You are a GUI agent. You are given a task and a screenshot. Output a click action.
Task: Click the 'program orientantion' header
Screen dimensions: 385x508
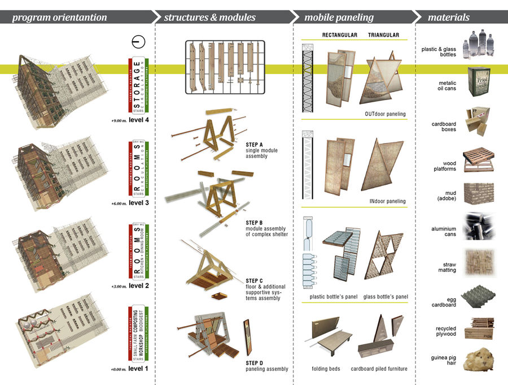(x=59, y=18)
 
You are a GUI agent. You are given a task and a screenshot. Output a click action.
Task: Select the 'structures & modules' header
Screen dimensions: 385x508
(x=210, y=18)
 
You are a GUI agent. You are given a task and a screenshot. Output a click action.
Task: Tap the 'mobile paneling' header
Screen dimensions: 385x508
(x=339, y=18)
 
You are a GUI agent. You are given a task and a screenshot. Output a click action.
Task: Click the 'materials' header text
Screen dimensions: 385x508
(x=449, y=18)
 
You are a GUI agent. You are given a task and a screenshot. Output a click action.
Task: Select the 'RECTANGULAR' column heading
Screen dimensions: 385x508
(x=340, y=35)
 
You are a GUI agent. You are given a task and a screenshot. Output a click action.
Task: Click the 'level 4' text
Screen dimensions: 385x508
(x=138, y=120)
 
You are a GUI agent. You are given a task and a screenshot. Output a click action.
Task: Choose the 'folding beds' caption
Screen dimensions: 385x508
(x=328, y=369)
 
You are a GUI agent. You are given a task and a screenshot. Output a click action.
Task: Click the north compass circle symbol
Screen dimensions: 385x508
(x=135, y=42)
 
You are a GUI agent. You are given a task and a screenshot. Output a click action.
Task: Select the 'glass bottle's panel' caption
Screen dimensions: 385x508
(x=386, y=296)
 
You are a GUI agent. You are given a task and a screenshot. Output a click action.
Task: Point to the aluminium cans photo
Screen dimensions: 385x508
(x=478, y=226)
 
